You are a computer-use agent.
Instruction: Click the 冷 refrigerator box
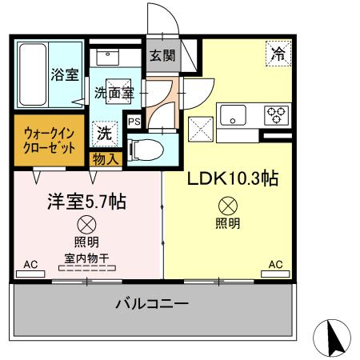pyautogui.click(x=278, y=55)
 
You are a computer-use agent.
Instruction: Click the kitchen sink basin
pyautogui.click(x=236, y=114)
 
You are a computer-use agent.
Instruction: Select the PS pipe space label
pyautogui.click(x=134, y=122)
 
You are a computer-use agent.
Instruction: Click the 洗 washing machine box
pyautogui.click(x=105, y=134)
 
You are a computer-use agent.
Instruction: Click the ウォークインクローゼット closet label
pyautogui.click(x=49, y=141)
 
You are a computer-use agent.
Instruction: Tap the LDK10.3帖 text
pyautogui.click(x=232, y=178)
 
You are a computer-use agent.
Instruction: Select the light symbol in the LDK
pyautogui.click(x=227, y=205)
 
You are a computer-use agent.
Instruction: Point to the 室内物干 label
pyautogui.click(x=86, y=258)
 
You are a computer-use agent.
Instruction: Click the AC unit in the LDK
pyautogui.click(x=274, y=274)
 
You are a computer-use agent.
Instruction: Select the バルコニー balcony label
pyautogui.click(x=151, y=305)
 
